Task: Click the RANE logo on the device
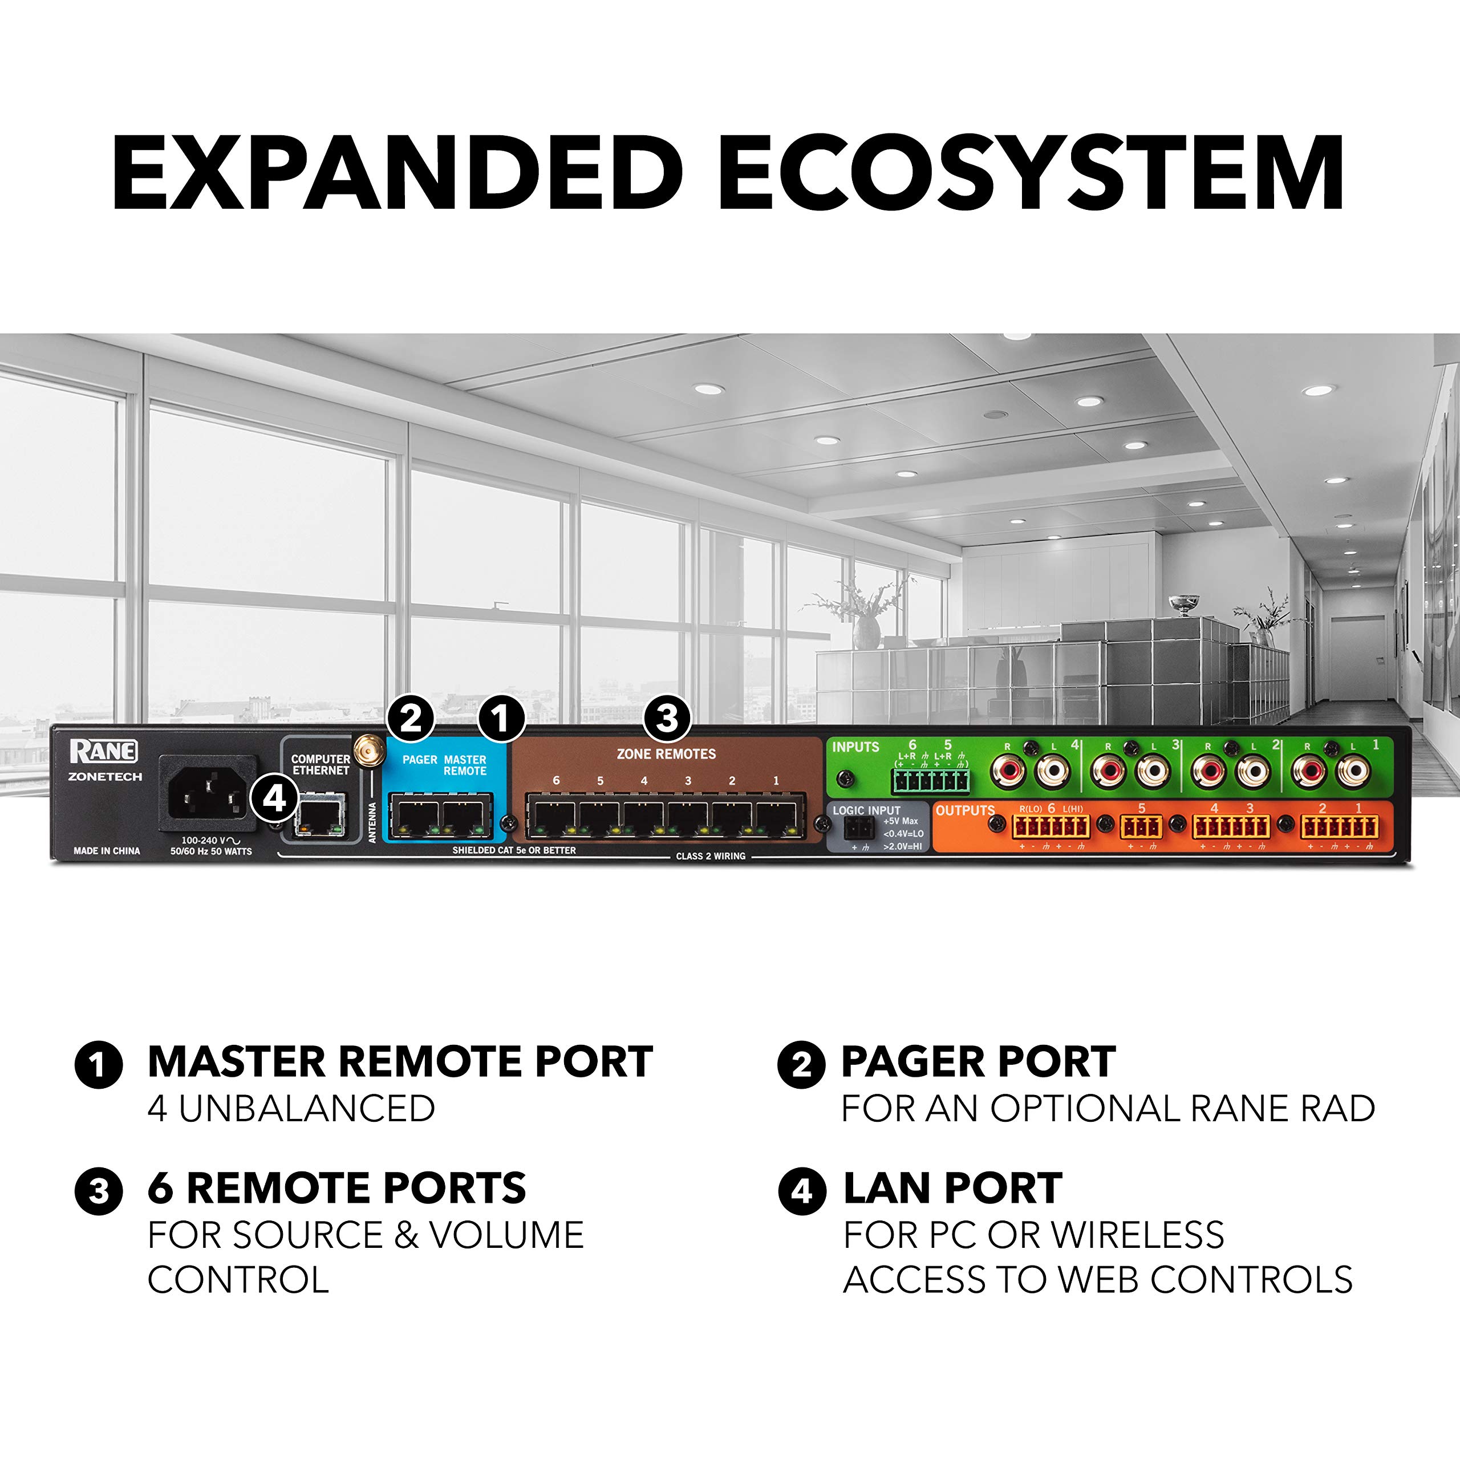[x=104, y=751]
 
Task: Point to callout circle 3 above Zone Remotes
[x=667, y=718]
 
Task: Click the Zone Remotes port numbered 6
[x=555, y=816]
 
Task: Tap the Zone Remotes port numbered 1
[x=776, y=816]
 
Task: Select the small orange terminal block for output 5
[x=1141, y=828]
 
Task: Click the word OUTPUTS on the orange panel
[x=965, y=810]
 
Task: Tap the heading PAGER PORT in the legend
[x=978, y=1062]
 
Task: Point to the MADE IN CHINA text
[x=107, y=851]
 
